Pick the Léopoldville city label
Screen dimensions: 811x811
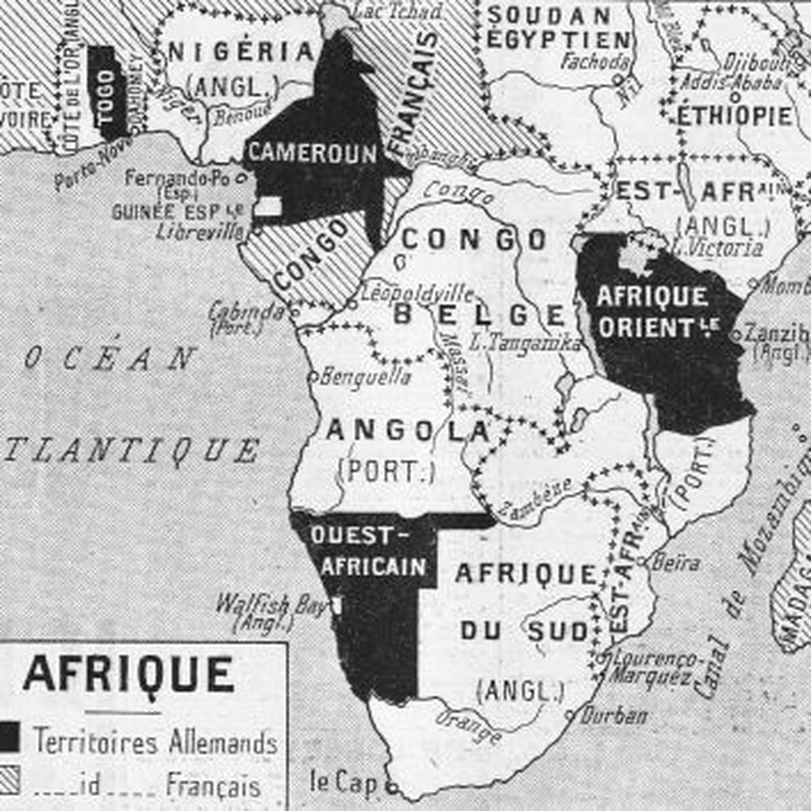[417, 293]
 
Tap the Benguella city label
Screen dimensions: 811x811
[365, 376]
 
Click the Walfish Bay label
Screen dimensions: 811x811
[270, 604]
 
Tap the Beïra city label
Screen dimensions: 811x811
[677, 562]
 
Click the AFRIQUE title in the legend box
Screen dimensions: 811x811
[128, 674]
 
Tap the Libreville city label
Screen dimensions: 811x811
[199, 232]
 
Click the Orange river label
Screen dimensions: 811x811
[468, 726]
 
